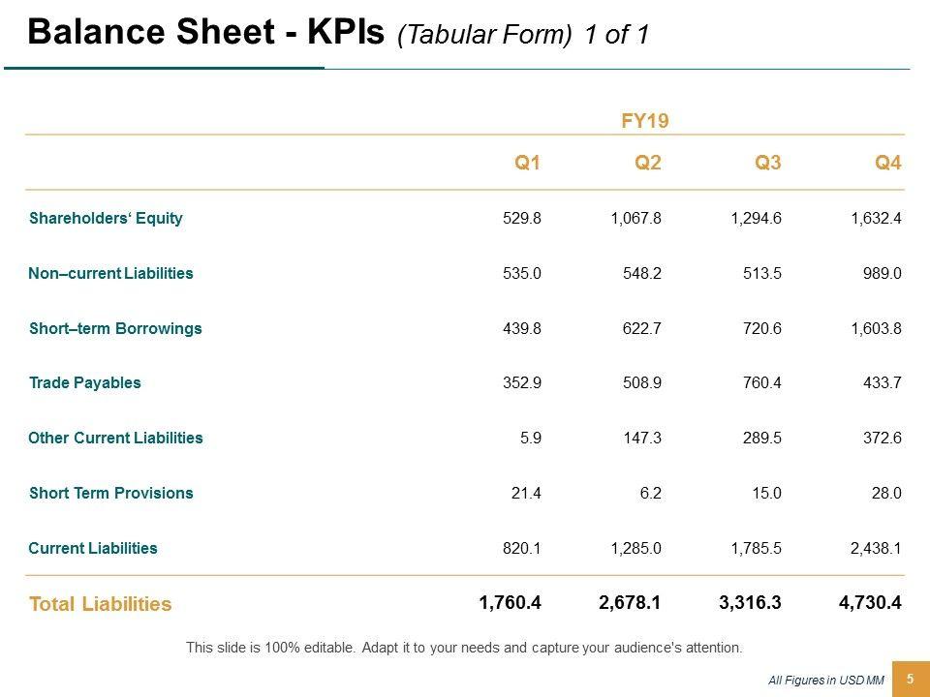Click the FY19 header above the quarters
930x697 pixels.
pos(645,121)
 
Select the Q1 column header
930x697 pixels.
pos(527,163)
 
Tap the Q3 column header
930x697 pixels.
pos(767,163)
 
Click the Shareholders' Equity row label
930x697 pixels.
pos(106,218)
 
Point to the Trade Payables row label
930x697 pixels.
pos(85,382)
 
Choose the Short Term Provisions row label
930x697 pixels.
pos(111,493)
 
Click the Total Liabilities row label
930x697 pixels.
pos(101,604)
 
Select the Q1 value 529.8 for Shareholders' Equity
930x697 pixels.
pos(521,218)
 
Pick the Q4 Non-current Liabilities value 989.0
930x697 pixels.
pos(883,273)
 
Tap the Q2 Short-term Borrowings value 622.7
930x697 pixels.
pos(641,328)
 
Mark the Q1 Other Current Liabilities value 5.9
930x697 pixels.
pos(531,438)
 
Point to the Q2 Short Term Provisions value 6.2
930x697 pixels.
pos(651,493)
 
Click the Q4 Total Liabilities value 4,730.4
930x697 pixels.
pos(870,603)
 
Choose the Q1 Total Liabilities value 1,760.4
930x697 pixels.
pos(510,603)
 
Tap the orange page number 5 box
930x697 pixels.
pos(910,680)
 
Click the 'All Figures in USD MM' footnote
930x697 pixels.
pos(826,681)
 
